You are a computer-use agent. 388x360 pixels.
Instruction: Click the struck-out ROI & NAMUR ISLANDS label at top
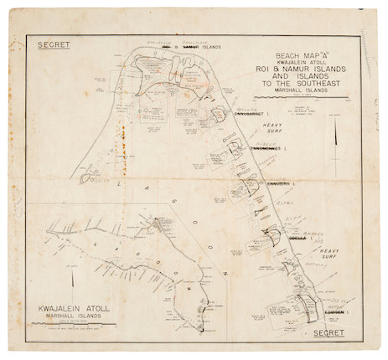(x=191, y=48)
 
